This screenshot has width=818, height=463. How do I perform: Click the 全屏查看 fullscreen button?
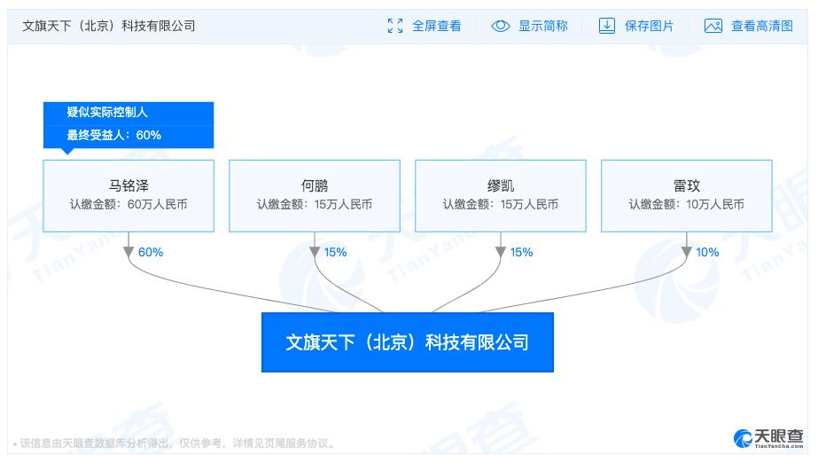[x=425, y=26]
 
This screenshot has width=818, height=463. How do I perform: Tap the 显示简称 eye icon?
[x=501, y=26]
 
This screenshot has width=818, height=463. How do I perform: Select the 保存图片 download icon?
[x=607, y=26]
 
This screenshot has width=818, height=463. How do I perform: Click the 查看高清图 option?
[x=749, y=26]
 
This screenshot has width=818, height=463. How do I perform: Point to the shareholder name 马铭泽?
[x=129, y=185]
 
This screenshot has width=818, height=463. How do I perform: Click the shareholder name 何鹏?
[x=315, y=185]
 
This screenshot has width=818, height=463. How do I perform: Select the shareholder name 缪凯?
[x=501, y=185]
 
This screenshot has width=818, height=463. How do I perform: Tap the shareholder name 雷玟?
[x=687, y=185]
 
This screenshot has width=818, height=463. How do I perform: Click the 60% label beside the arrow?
[x=151, y=252]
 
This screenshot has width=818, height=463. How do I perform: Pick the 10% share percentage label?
[x=707, y=252]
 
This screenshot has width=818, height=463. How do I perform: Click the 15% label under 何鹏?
[x=336, y=252]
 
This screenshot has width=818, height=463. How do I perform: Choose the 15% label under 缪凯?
[x=522, y=252]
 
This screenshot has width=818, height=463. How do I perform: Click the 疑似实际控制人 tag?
[x=107, y=112]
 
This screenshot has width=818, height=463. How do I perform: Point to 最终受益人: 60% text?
[x=113, y=135]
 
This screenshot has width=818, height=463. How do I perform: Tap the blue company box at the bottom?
[x=408, y=341]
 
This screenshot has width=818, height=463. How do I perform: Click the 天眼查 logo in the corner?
[x=768, y=438]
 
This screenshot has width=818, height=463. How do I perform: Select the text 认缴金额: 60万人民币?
[x=129, y=204]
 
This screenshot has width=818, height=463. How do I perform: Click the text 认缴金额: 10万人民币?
[x=687, y=204]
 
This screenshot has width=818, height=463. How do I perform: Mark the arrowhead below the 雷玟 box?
[x=687, y=252]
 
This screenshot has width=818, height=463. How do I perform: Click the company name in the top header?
[x=108, y=26]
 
